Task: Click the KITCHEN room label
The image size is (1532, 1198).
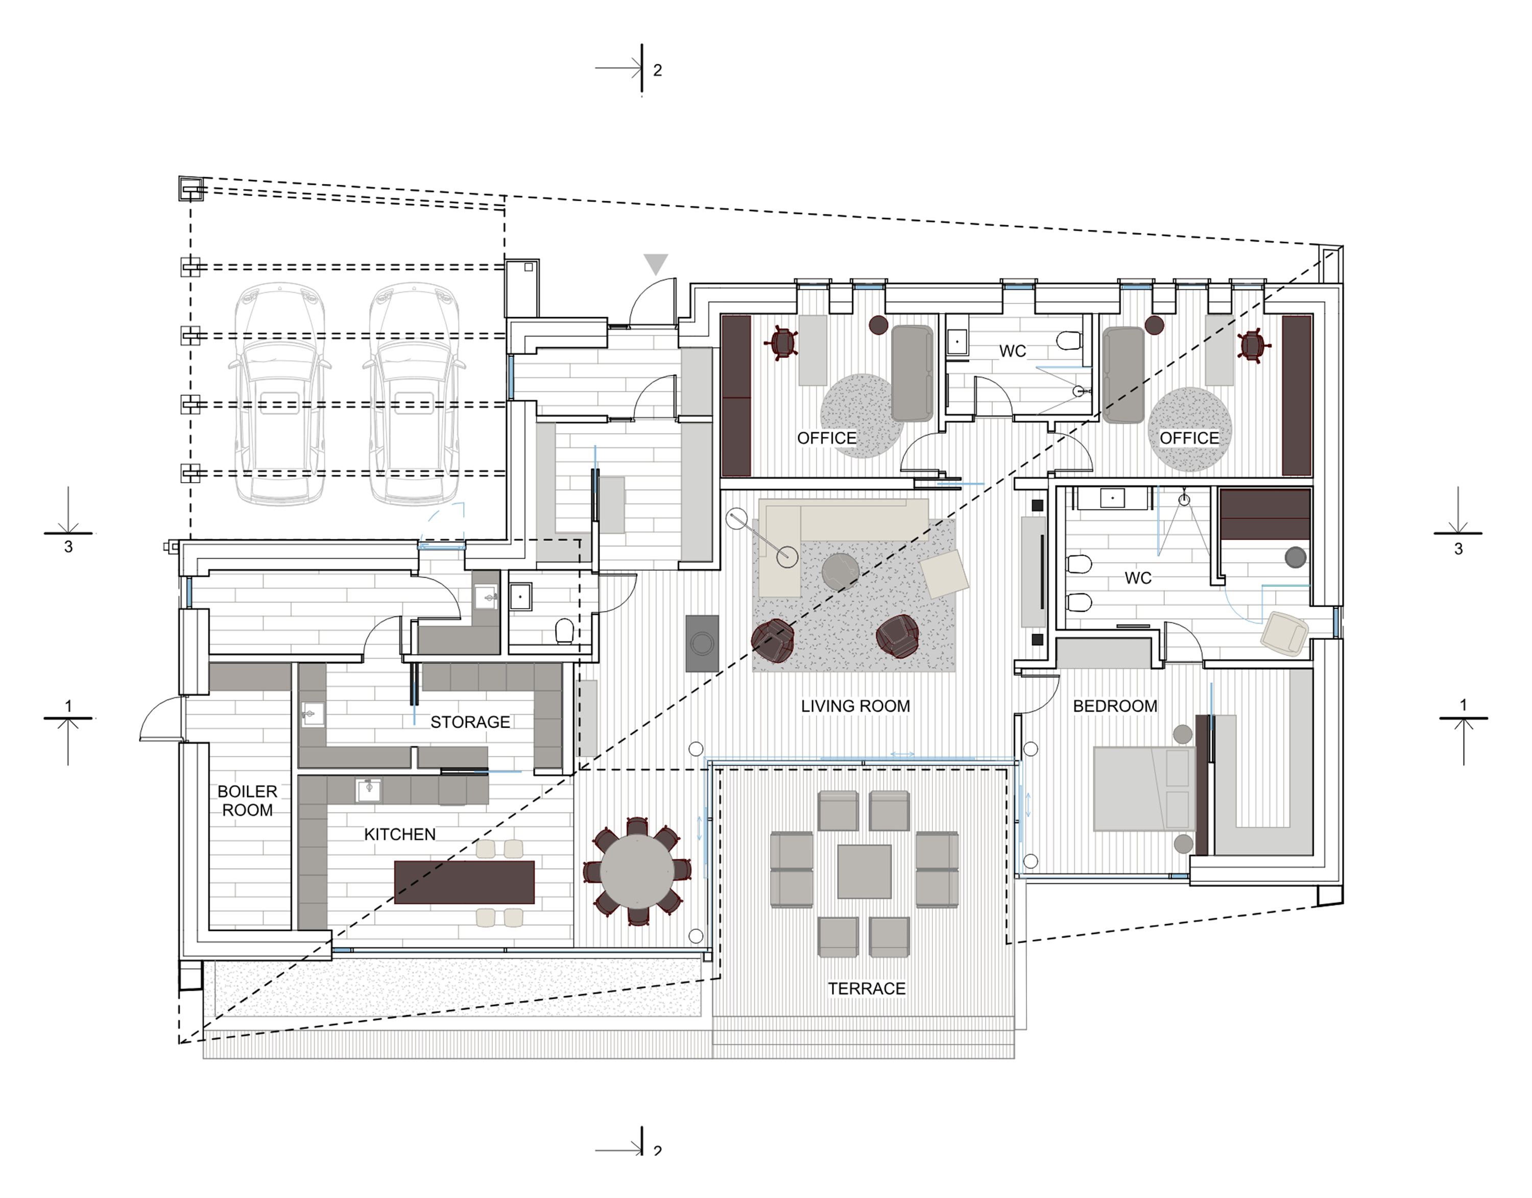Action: [400, 834]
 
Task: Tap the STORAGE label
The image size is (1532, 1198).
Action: [470, 722]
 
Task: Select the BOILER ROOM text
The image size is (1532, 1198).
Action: [248, 800]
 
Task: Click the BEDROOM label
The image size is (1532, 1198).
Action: [1115, 706]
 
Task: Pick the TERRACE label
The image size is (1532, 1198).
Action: [866, 988]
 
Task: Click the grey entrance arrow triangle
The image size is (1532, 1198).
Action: [656, 263]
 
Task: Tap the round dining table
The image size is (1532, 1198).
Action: [637, 871]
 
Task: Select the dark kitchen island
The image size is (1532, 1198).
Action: [464, 882]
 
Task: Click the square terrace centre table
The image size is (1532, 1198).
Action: [864, 871]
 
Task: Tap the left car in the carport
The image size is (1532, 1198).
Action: [280, 394]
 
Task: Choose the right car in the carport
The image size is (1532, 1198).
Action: [415, 394]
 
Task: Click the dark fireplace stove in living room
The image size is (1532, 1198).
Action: [702, 643]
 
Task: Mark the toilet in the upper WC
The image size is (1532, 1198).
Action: [1068, 340]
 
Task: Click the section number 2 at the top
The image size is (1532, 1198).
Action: [657, 70]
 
